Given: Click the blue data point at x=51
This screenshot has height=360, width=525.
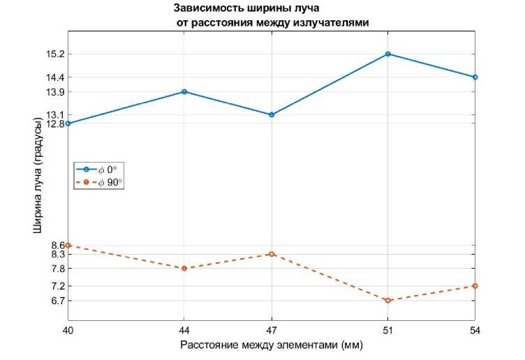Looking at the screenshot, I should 388,54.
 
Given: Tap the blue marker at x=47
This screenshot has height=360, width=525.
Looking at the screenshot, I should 272,114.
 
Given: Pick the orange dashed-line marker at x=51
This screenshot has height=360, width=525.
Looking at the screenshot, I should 388,301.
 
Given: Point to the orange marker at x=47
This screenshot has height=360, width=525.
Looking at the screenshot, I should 272,254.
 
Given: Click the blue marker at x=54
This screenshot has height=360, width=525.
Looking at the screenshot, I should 475,77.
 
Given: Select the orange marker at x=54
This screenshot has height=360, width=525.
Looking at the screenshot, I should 475,286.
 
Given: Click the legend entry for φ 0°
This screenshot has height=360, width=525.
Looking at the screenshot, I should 100,170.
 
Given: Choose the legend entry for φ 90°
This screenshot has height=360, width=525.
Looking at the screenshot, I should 100,183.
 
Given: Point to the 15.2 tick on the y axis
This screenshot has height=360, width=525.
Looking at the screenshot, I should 55,54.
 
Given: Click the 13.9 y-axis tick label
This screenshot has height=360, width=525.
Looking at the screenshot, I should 55,92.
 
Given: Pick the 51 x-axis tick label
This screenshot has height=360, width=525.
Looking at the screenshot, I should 388,330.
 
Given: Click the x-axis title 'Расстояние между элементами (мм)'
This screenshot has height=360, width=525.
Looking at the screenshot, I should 272,345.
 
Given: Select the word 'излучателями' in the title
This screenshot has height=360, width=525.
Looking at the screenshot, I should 331,23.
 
